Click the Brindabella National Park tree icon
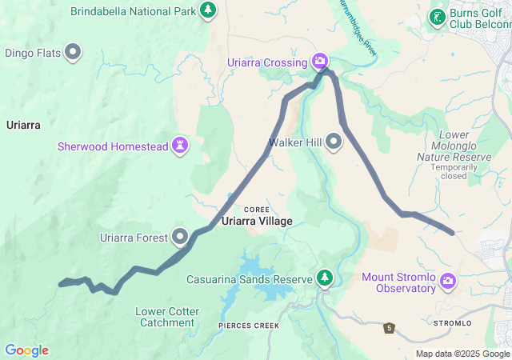208,10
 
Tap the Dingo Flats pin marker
74,53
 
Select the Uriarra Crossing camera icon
320,61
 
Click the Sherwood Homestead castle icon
182,146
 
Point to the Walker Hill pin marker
334,142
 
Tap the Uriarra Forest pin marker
180,237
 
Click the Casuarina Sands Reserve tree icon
324,278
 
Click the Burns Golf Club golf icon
437,16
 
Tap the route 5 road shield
390,328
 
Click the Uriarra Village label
257,221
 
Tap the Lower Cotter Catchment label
164,317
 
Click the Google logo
26,350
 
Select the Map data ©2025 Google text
462,354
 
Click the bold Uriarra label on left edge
22,125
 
